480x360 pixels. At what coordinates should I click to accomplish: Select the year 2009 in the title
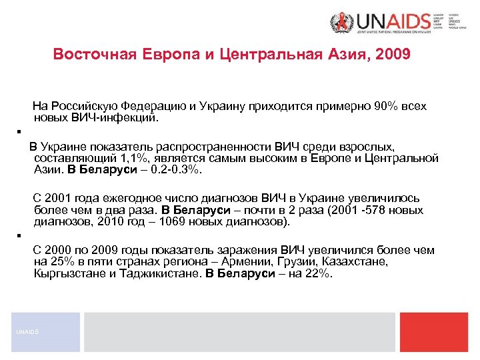(394, 54)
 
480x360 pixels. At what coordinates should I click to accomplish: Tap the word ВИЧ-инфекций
(113, 118)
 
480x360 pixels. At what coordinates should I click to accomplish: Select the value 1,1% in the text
(133, 158)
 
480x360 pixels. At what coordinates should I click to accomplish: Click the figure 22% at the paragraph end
(317, 274)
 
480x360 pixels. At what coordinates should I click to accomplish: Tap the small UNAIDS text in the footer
(27, 332)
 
